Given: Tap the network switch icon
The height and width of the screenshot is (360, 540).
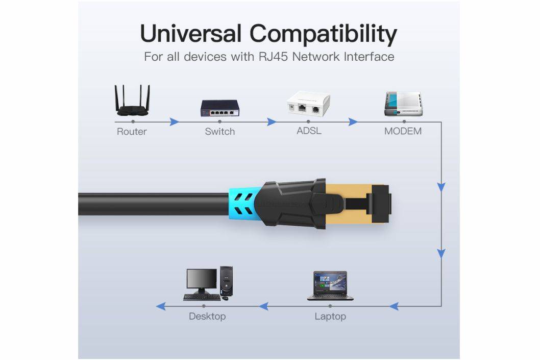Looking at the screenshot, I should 219,107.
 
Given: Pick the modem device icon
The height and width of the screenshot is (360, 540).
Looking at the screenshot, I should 403,104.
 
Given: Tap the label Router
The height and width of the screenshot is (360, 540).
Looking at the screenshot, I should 132,131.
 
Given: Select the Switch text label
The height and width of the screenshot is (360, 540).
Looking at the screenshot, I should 219,131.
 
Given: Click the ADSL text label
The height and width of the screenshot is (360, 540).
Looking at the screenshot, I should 309,131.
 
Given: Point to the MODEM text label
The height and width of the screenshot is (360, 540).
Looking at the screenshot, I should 403,131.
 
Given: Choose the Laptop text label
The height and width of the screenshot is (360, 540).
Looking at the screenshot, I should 330,316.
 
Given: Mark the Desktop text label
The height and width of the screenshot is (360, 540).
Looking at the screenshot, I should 207,316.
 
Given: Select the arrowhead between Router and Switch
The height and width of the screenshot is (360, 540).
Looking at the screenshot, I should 174,122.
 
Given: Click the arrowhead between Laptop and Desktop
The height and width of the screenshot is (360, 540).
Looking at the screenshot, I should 263,306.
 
